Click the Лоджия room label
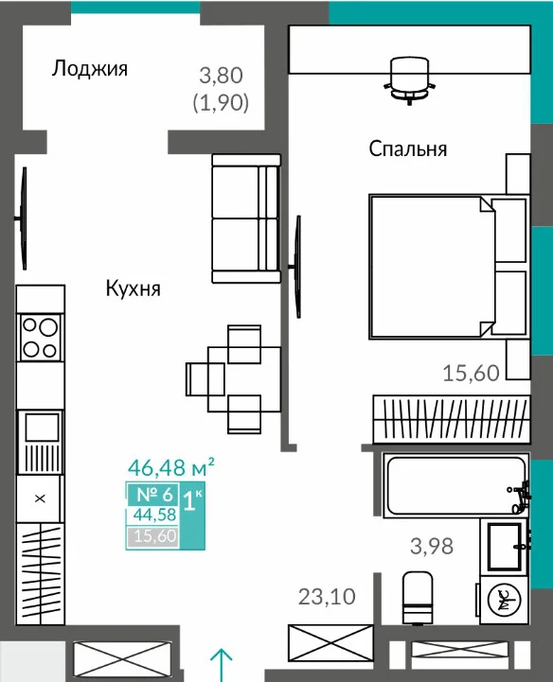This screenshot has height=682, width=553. (90, 69)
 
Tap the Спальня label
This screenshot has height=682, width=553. (408, 149)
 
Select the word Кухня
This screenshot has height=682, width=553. (134, 289)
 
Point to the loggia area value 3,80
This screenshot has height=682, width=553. (222, 76)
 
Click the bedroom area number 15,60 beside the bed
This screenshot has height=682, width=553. (471, 374)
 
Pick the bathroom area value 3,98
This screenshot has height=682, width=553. (432, 546)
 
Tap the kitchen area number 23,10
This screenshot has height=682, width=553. (327, 597)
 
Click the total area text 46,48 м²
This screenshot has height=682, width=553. (170, 467)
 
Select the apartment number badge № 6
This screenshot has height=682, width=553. (154, 495)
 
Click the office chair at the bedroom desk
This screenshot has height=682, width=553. (409, 81)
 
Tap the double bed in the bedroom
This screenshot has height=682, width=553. (449, 267)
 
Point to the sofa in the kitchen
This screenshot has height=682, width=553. (246, 219)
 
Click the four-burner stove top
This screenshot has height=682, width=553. (40, 338)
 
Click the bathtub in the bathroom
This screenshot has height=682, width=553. (455, 485)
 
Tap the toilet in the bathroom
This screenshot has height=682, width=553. (418, 598)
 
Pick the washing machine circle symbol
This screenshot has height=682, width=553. (504, 601)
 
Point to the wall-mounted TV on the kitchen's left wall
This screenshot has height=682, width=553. (22, 218)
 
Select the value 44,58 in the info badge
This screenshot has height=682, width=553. (154, 515)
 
